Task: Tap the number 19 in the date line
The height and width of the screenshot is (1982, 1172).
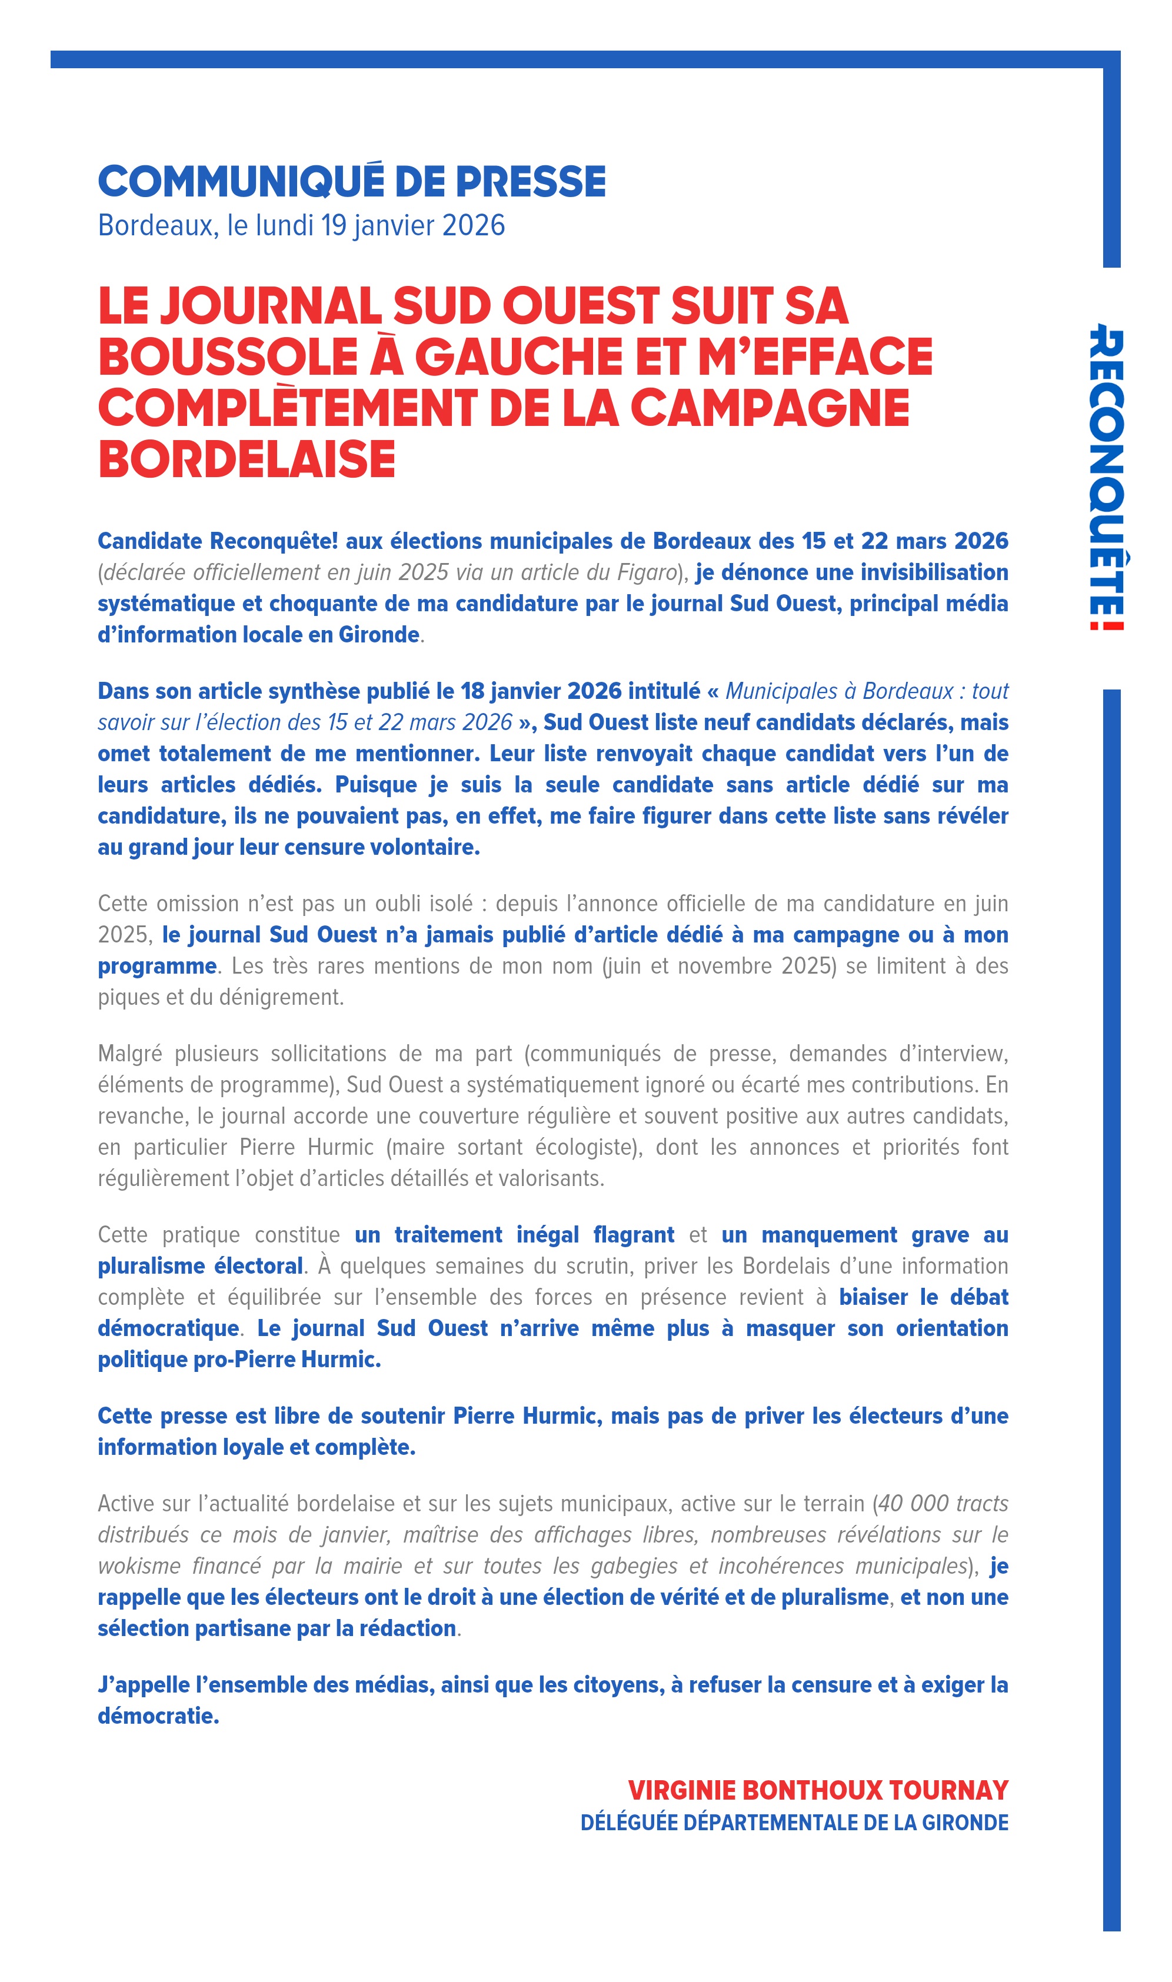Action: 333,226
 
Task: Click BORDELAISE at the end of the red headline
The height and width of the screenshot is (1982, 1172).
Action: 247,459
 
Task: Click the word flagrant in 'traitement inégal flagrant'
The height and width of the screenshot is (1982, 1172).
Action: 634,1235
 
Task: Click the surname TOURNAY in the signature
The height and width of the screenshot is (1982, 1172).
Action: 948,1790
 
